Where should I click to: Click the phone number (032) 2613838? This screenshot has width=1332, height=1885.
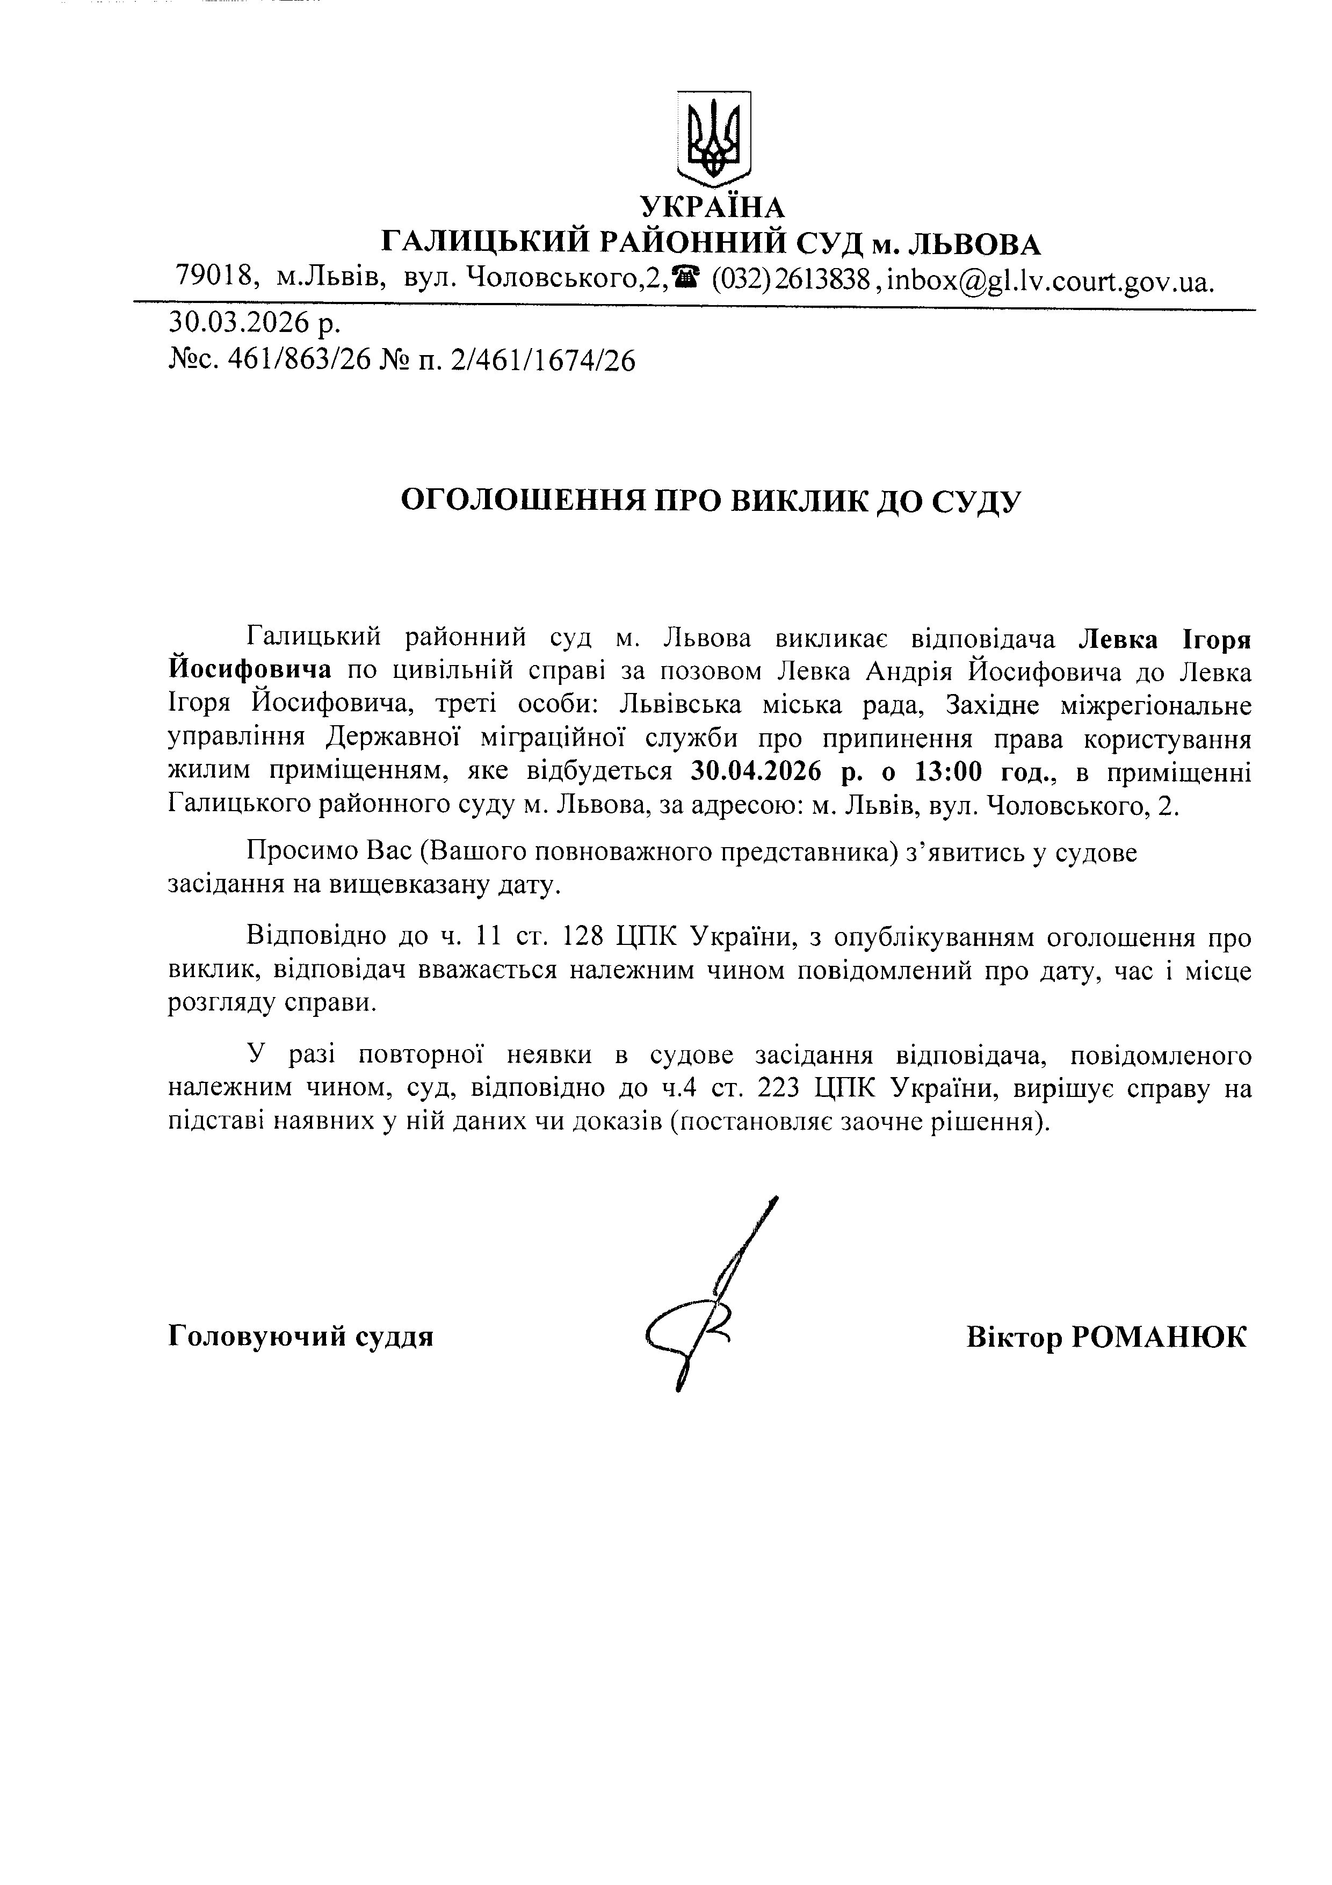click(x=790, y=280)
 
